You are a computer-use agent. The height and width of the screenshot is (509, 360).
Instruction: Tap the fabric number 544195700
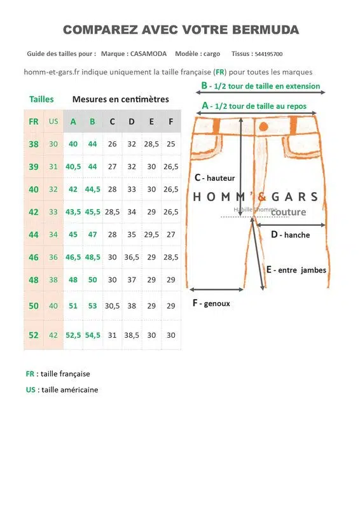pyautogui.click(x=268, y=55)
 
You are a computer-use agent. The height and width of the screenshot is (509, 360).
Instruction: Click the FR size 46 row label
pyautogui.click(x=34, y=257)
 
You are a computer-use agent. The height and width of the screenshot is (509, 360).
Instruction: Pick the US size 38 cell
pyautogui.click(x=53, y=279)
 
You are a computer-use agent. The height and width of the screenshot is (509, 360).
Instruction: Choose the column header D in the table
pyautogui.click(x=132, y=121)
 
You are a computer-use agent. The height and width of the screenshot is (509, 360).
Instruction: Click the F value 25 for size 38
pyautogui.click(x=170, y=144)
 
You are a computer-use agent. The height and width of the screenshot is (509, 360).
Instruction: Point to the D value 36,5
pyautogui.click(x=132, y=257)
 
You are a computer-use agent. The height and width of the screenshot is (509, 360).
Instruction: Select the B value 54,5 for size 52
pyautogui.click(x=92, y=335)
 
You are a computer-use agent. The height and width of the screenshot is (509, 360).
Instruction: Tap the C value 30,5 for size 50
pyautogui.click(x=112, y=306)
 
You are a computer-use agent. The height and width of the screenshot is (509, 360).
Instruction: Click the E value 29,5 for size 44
pyautogui.click(x=151, y=234)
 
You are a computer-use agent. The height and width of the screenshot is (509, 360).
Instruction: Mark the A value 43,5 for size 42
pyautogui.click(x=73, y=212)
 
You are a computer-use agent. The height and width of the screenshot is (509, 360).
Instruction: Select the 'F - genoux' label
pyautogui.click(x=211, y=303)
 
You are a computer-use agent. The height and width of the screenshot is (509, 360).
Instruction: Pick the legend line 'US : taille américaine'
pyautogui.click(x=62, y=389)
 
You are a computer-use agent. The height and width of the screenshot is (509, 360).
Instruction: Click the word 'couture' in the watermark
pyautogui.click(x=288, y=212)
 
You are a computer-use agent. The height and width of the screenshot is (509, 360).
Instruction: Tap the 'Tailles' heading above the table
pyautogui.click(x=41, y=99)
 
